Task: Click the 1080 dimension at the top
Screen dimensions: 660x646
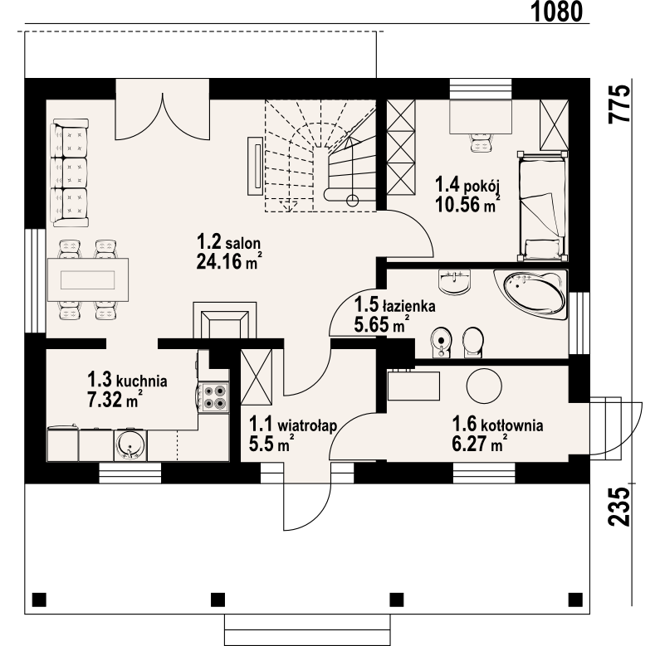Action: coord(556,12)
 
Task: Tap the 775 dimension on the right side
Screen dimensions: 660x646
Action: coord(620,104)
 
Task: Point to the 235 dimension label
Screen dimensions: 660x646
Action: coord(620,507)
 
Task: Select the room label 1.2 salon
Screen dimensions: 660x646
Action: coord(228,242)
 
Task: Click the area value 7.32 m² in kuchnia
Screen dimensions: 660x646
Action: coord(114,399)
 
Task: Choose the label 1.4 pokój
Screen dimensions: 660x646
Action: coord(467,185)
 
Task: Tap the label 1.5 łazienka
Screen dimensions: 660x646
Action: coord(394,305)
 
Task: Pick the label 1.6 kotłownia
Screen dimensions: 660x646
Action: coord(497,425)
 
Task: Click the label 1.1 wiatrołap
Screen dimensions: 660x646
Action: coord(293,424)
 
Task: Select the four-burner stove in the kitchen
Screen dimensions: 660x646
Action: coord(213,396)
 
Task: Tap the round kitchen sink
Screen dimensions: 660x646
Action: coord(130,445)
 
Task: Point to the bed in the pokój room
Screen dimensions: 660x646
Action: coord(542,207)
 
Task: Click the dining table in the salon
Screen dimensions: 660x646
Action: coord(88,279)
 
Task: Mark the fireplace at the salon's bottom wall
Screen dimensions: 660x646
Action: coord(224,320)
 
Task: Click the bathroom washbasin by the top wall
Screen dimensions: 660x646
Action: coord(454,281)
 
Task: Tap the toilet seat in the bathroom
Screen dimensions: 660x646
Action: coord(472,342)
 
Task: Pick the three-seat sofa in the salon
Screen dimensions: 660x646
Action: coord(70,172)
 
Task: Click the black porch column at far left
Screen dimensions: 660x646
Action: coord(39,600)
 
